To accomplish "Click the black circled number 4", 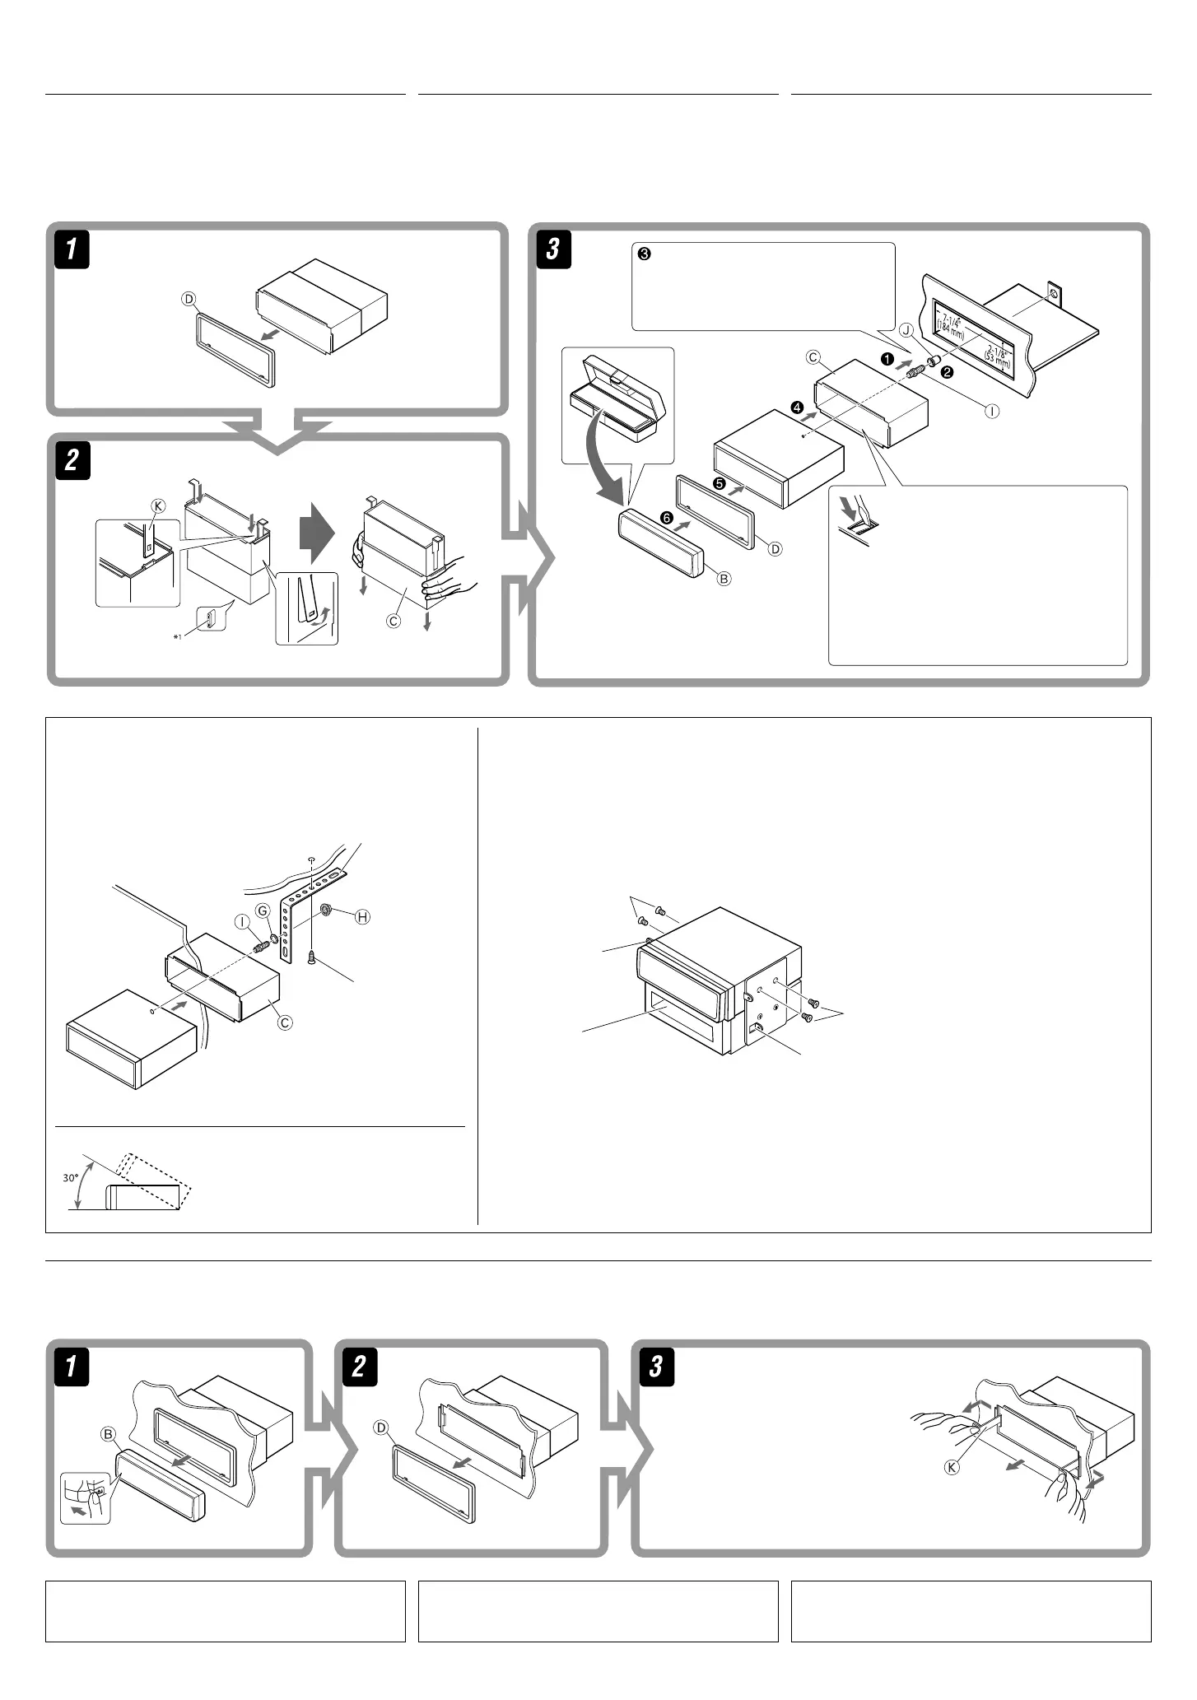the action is pyautogui.click(x=796, y=407).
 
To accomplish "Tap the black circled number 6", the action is pyautogui.click(x=665, y=517).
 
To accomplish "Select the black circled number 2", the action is pyautogui.click(x=948, y=372).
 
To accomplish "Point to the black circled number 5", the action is pyautogui.click(x=719, y=483).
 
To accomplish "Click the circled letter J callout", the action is pyautogui.click(x=906, y=330).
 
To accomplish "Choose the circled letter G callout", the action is pyautogui.click(x=263, y=911).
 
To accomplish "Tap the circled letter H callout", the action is pyautogui.click(x=361, y=917).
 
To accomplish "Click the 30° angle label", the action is pyautogui.click(x=70, y=1178).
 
